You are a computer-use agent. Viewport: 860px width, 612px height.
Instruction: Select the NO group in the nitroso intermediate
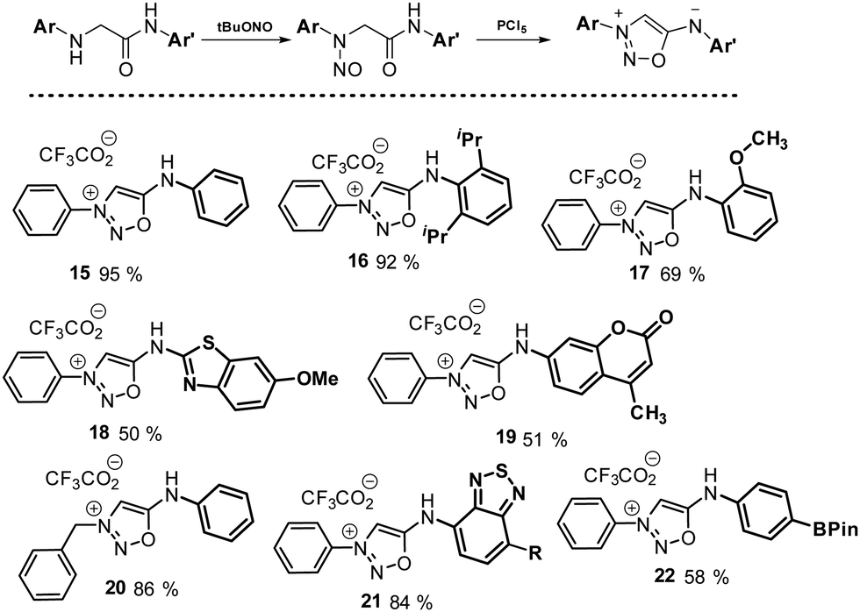347,70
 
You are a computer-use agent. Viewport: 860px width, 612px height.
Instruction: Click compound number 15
81,273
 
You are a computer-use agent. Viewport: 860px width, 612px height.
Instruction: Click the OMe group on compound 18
317,379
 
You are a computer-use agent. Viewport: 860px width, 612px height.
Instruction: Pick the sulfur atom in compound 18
207,343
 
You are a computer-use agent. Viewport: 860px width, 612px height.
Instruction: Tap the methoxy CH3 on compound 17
770,142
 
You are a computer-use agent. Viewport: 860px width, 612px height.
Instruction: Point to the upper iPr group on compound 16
470,140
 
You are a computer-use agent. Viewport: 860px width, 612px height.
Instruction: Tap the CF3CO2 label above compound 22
620,476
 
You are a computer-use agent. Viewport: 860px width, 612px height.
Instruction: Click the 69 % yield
682,274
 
